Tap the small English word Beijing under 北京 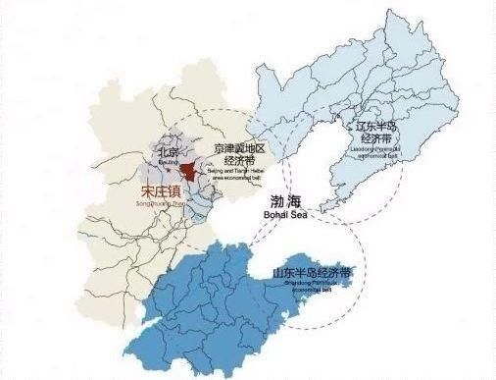168,163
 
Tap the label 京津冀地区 238,147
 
